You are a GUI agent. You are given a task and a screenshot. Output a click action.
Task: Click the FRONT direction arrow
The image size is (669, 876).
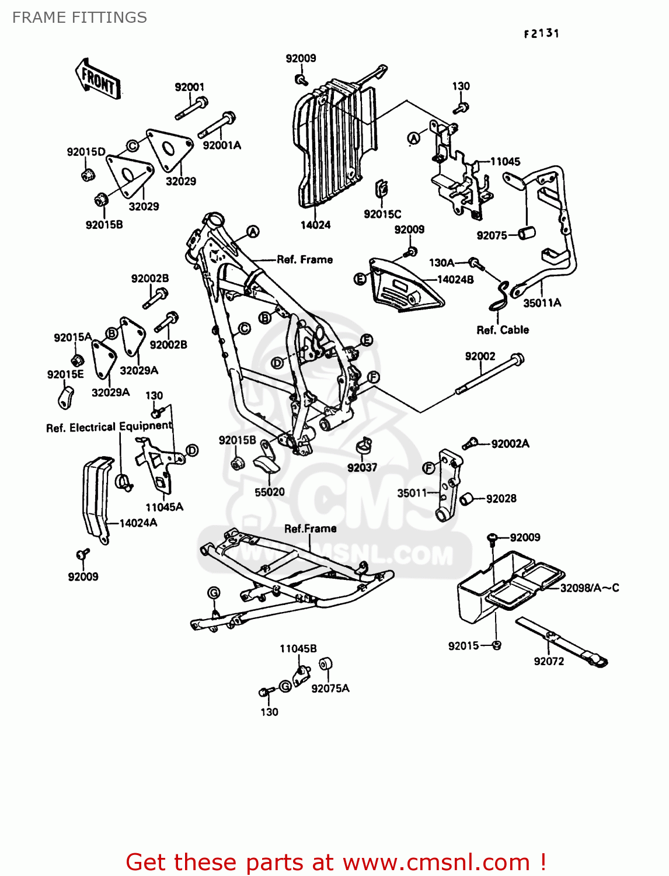[97, 79]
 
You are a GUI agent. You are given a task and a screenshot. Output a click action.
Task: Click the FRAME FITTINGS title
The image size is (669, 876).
[79, 18]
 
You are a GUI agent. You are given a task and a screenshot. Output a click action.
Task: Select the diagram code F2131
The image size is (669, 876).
[541, 34]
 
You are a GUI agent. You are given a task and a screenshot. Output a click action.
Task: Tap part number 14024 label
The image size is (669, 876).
[315, 225]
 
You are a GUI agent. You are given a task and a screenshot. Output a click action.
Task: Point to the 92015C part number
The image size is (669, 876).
[382, 214]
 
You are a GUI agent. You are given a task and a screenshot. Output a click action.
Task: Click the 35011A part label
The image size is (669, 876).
[542, 303]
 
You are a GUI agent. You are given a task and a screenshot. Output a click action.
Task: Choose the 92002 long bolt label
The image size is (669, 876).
[480, 356]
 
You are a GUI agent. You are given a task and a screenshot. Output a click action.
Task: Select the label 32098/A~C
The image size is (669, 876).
[589, 588]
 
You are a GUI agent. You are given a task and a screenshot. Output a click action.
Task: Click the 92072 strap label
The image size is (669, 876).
[549, 661]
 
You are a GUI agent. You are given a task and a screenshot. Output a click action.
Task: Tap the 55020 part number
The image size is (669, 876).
[269, 492]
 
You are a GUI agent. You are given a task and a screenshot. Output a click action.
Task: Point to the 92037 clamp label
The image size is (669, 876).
[362, 467]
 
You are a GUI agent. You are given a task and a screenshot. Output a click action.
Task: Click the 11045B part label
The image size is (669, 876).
[298, 649]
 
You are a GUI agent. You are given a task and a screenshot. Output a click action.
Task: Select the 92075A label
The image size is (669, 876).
[330, 689]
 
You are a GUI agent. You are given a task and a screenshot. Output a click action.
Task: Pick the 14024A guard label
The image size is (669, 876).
[138, 523]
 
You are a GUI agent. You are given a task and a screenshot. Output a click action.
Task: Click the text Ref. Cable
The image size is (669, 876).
[503, 330]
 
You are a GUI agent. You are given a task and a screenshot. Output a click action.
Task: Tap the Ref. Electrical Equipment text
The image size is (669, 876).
[109, 427]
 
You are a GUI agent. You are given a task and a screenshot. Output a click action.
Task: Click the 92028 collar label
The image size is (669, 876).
[501, 498]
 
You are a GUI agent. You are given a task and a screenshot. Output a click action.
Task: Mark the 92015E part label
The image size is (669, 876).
[65, 374]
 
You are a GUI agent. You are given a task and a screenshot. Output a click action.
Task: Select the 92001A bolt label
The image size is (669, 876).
[221, 145]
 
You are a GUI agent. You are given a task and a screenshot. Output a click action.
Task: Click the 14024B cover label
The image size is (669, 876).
[455, 280]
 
